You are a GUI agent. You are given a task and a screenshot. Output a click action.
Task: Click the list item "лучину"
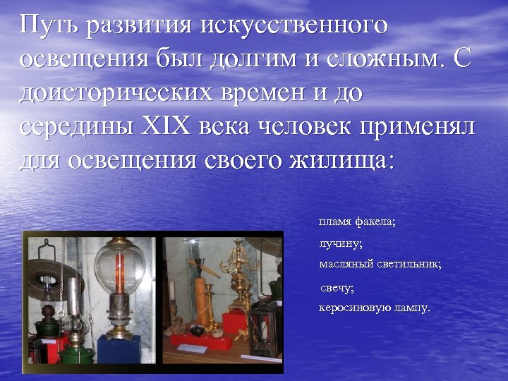click(x=341, y=243)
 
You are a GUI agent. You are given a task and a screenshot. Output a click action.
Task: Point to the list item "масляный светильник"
click(x=380, y=265)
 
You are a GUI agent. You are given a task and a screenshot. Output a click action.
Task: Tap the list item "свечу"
click(x=337, y=288)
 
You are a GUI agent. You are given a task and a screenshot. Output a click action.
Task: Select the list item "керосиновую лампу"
click(x=374, y=308)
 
